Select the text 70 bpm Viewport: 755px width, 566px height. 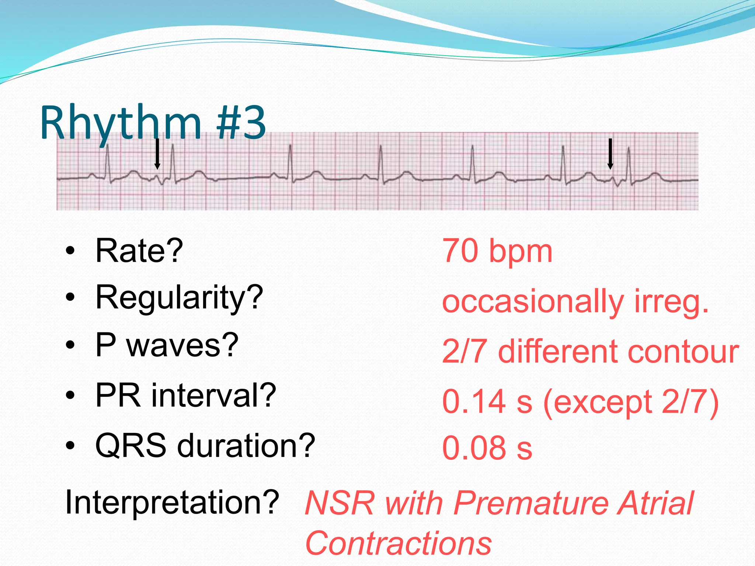click(x=497, y=252)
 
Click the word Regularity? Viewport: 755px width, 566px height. click(x=179, y=298)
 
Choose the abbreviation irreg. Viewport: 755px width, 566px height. click(x=671, y=302)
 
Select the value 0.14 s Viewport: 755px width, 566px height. click(x=487, y=401)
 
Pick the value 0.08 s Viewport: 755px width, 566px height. click(x=487, y=448)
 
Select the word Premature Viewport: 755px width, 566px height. click(x=531, y=503)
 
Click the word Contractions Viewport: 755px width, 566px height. click(x=399, y=544)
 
